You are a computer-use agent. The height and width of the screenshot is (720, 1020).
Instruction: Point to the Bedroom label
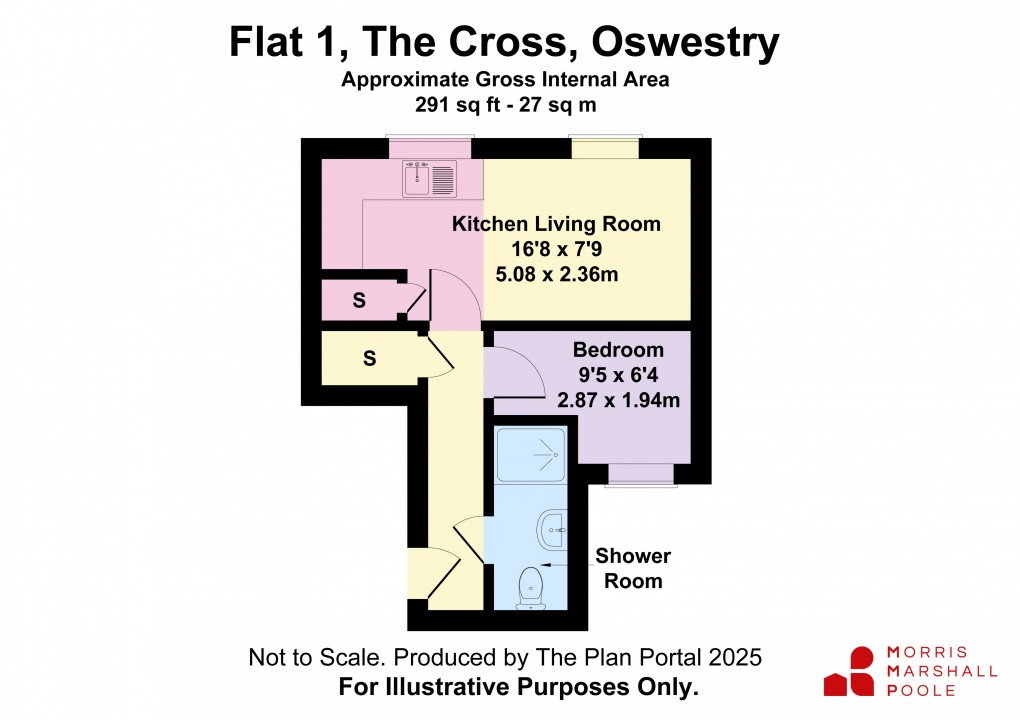click(x=618, y=350)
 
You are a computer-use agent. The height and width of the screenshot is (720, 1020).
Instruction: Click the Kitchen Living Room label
click(x=556, y=224)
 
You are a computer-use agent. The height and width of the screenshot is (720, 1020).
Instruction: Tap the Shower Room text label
click(x=633, y=568)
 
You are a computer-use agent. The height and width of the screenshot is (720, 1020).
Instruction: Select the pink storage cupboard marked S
click(x=357, y=299)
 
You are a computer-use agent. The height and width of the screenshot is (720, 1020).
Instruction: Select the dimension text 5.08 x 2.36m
click(x=556, y=274)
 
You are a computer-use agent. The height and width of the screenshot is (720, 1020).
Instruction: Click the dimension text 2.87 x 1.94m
click(x=619, y=401)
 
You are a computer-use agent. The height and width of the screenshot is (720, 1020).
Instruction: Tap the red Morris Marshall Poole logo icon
click(x=850, y=671)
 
